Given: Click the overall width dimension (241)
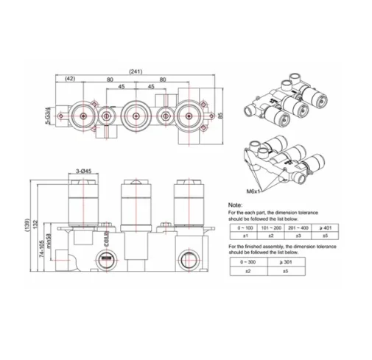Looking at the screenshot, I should point(135,71).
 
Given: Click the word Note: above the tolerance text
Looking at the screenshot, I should point(235,205).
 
